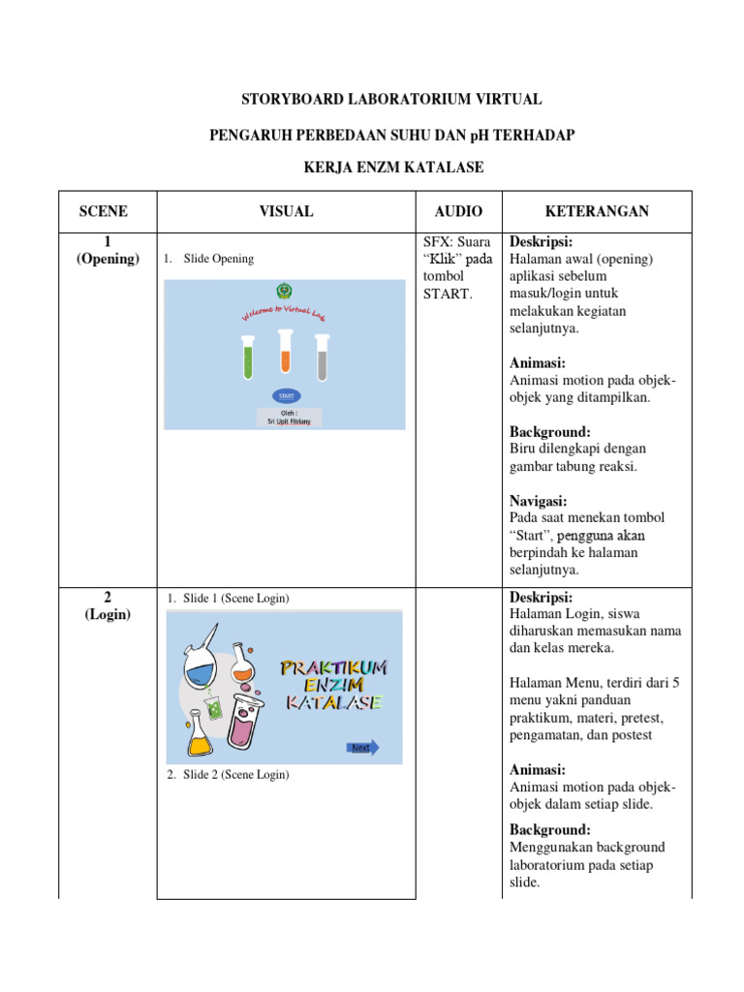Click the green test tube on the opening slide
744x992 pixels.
coord(248,356)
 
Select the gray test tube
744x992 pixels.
coord(322,356)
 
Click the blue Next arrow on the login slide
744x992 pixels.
coord(362,747)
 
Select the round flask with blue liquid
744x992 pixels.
coord(201,665)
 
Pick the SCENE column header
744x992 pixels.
coord(104,211)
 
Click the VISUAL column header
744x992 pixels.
coord(286,211)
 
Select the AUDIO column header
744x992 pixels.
coord(458,211)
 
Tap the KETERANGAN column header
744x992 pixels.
coord(597,211)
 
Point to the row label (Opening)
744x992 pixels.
coord(108,259)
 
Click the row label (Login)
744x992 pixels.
coord(108,615)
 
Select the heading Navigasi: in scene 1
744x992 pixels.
coord(538,501)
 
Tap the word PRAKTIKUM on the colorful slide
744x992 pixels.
coord(333,667)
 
